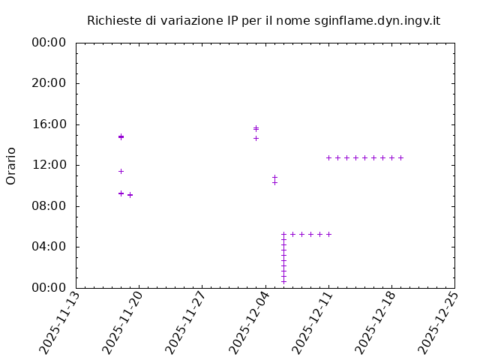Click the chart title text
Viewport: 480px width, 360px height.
tap(263, 20)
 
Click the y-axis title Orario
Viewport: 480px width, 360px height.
tap(11, 166)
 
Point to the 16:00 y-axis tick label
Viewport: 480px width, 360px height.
tap(49, 124)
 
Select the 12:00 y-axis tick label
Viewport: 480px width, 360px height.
tap(49, 165)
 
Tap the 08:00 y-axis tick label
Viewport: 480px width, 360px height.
tap(49, 205)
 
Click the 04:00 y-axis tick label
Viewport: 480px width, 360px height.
tap(49, 246)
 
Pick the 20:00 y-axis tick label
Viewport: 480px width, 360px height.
tap(49, 83)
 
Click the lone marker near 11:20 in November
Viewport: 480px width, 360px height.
tap(121, 171)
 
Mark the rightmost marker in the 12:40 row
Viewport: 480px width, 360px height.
tap(400, 157)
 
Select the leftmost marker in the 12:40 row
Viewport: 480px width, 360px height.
tap(328, 157)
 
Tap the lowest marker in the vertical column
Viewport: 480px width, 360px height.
tap(283, 281)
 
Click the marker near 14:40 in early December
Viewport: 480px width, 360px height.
tap(256, 138)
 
